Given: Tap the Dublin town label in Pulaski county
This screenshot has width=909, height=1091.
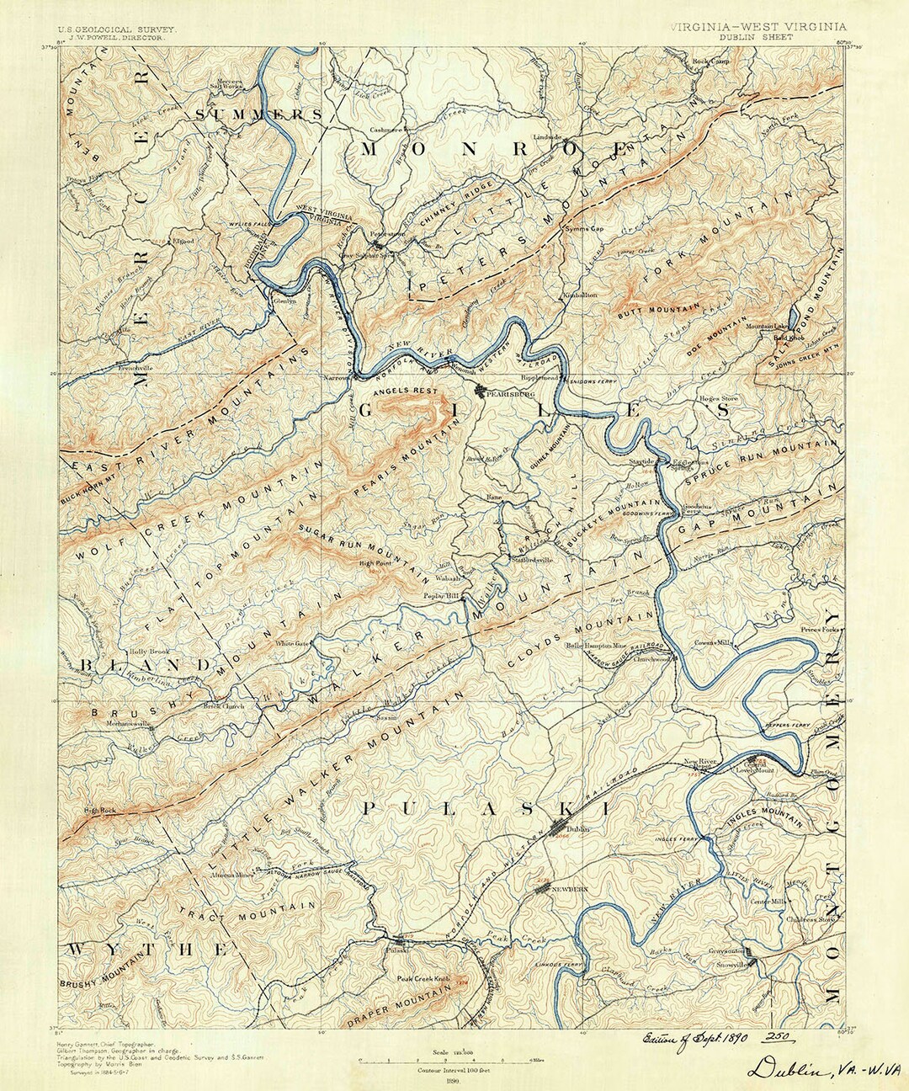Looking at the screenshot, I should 575,830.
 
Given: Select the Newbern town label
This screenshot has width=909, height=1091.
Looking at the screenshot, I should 569,889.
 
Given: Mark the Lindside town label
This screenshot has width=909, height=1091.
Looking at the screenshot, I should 547,136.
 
